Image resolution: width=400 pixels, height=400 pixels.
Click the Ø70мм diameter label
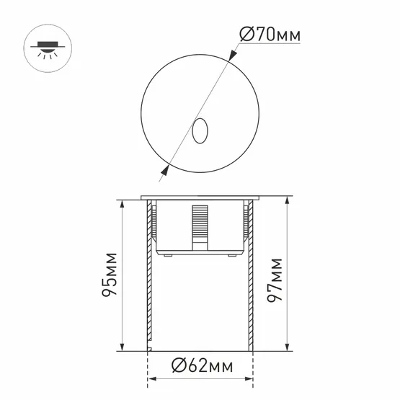268,34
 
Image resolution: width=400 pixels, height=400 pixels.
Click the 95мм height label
110,275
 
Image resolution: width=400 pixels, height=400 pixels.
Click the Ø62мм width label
203,366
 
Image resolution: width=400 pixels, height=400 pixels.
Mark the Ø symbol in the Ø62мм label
177,366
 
